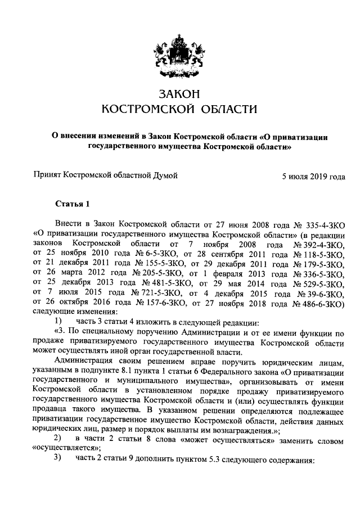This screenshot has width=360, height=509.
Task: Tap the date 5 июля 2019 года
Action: point(313,177)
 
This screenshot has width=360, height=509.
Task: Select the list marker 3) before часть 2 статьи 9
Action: point(57,456)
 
